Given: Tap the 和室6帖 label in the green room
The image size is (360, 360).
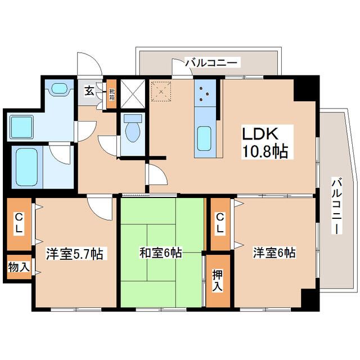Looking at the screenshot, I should coord(161,253).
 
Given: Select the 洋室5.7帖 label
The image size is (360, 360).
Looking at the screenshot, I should coord(74,254).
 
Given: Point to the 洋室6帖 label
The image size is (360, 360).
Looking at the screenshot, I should coord(274,253).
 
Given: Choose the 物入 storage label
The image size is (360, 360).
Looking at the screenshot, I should coord(19,267).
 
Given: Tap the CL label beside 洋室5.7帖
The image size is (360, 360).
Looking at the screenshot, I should coord(19,223).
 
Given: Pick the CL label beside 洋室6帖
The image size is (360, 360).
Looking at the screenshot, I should coord(220,223).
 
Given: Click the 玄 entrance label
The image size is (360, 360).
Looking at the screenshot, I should coord(89,90).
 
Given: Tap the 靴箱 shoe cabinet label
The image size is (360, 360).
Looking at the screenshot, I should coord(111,94).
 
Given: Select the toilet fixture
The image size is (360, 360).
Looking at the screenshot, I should coord(133,129).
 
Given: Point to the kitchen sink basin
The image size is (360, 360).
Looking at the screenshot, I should coord(204,139).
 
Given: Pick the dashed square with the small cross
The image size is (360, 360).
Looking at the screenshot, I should coord(162,92).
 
